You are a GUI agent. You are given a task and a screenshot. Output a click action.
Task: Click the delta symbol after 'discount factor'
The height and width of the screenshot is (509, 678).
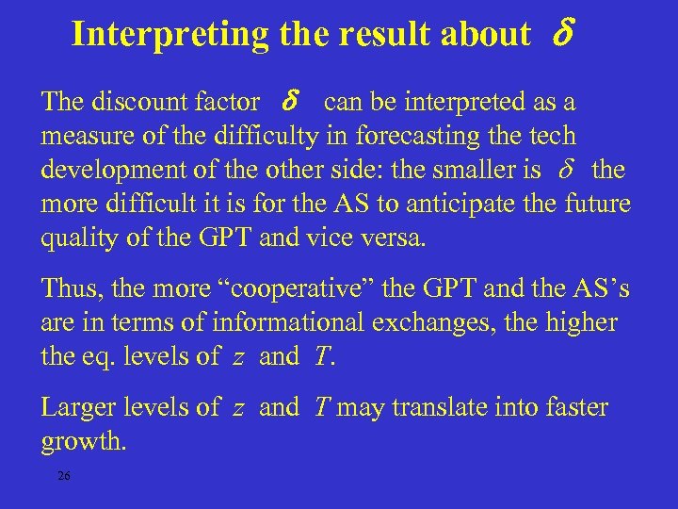click(x=291, y=101)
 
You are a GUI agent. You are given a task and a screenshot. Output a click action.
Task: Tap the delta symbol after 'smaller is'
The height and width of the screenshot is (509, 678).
click(x=566, y=170)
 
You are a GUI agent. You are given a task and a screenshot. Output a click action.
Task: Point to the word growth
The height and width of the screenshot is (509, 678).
click(x=83, y=441)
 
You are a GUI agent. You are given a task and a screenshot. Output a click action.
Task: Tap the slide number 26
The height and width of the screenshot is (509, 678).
click(x=63, y=475)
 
